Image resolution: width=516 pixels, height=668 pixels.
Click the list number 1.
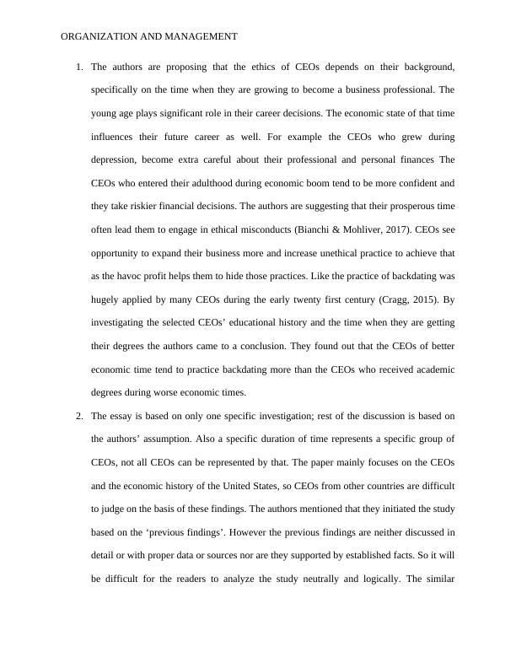pos(79,66)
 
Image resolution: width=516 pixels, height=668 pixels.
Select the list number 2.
pos(79,416)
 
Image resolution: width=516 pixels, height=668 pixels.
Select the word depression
pos(112,159)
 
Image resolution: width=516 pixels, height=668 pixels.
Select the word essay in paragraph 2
pos(121,416)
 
